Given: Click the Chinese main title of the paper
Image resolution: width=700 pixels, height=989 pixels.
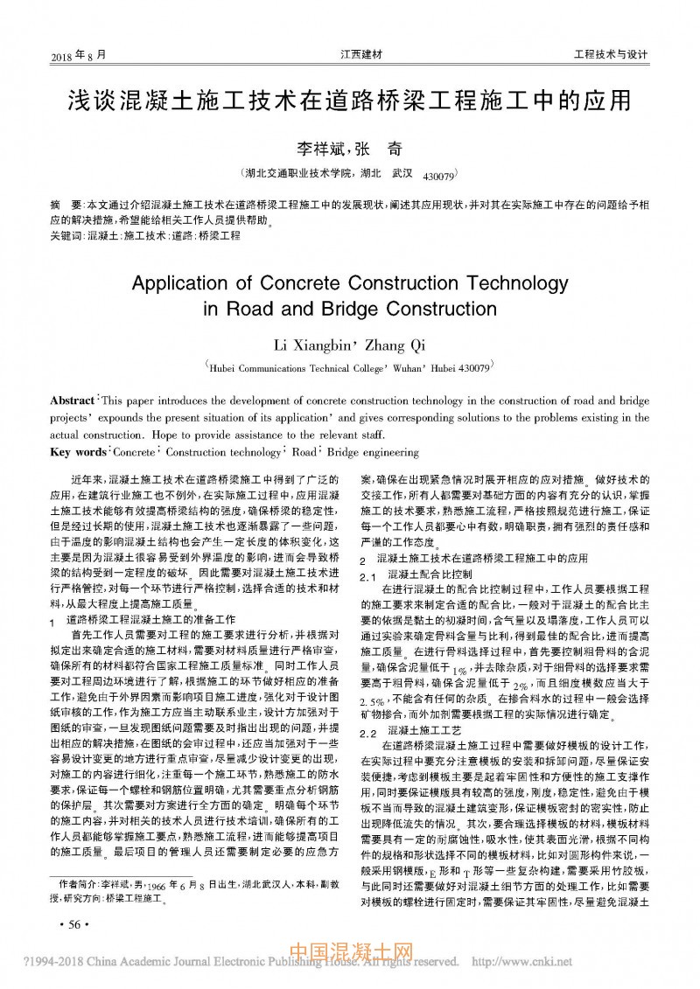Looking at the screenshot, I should coord(349,100).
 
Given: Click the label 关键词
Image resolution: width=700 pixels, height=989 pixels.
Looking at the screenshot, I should coord(66,235).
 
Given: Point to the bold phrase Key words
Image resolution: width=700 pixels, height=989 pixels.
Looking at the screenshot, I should coord(78,452).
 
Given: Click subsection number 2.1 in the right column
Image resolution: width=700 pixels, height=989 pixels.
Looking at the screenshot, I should coord(367,575).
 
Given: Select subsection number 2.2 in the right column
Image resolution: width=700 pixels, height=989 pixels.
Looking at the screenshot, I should coord(367,730).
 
